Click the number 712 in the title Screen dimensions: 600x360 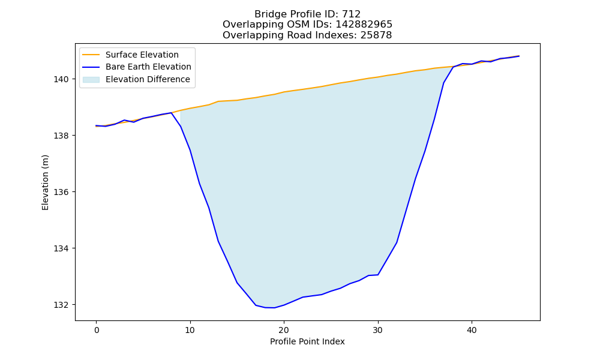[x=351, y=14]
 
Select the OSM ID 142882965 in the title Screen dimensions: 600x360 [x=364, y=25]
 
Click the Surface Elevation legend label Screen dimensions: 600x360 [x=142, y=55]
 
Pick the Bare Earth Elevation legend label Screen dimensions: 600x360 [x=148, y=67]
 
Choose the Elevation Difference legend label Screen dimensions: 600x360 [x=148, y=79]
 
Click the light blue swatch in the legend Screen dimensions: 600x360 [x=91, y=80]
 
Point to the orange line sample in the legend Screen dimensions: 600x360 [x=91, y=55]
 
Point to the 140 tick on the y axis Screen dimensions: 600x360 [x=61, y=79]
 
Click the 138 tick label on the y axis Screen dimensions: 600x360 [x=61, y=136]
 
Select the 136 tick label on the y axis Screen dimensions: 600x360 [x=61, y=192]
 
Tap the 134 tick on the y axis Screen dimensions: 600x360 [x=61, y=248]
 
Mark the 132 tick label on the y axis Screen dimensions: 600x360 [x=61, y=305]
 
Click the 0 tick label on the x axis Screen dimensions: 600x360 [x=97, y=331]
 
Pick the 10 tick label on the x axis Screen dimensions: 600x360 [x=190, y=331]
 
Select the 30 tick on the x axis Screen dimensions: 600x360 [x=378, y=331]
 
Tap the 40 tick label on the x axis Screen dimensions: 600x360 [x=472, y=331]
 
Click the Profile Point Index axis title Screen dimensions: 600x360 [x=307, y=341]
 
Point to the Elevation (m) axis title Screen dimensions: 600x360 [x=45, y=182]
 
